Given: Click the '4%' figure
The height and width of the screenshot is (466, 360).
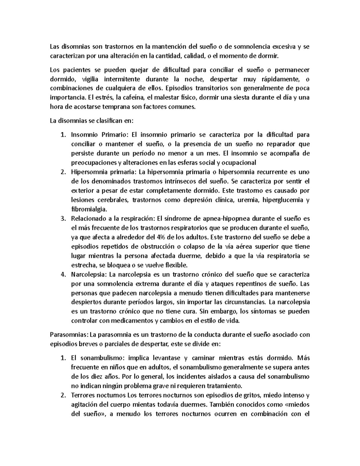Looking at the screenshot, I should coord(161,237).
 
